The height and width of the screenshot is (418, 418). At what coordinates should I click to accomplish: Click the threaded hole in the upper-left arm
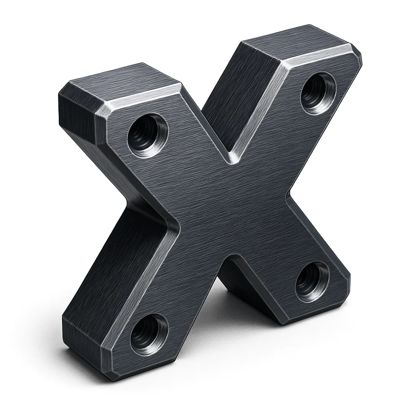(x=147, y=135)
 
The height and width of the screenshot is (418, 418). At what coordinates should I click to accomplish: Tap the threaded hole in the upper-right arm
(x=318, y=93)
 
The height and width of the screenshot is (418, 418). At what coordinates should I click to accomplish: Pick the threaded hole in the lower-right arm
(x=312, y=281)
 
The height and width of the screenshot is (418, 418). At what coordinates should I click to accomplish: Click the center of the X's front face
(x=229, y=208)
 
